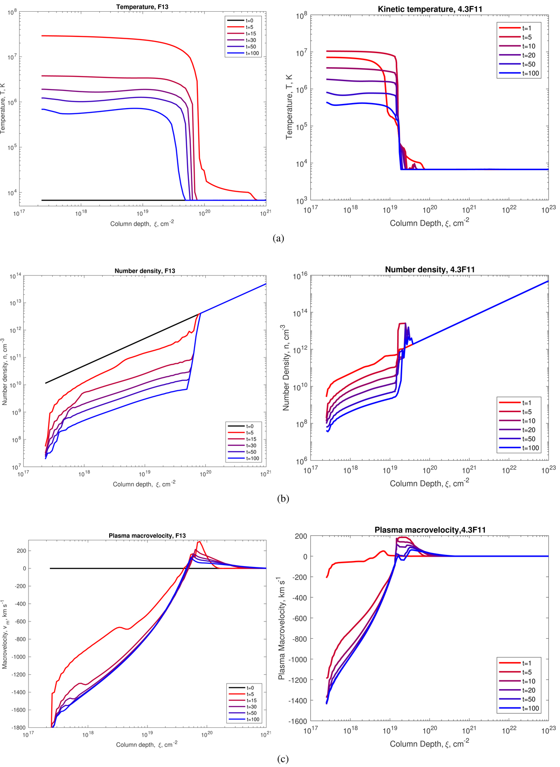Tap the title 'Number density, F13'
[x=145, y=271]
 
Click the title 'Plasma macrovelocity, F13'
[x=147, y=536]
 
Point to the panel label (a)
[x=278, y=238]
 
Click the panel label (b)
[x=283, y=498]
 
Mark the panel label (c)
[x=282, y=759]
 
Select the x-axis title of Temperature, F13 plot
[x=142, y=224]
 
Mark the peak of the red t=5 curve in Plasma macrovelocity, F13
[x=199, y=541]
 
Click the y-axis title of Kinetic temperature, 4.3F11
[x=289, y=107]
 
